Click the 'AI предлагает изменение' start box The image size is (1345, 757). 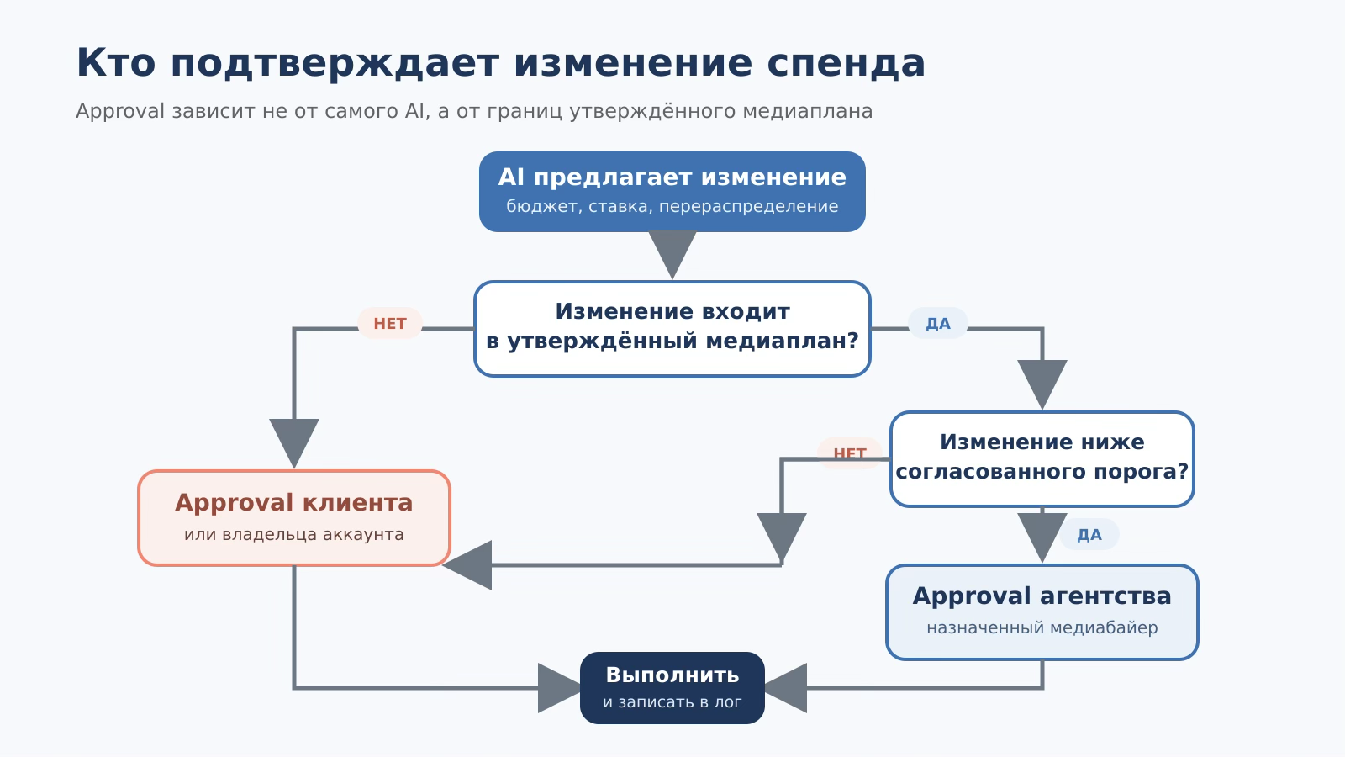coord(672,192)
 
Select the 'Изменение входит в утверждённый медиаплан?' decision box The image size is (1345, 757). coord(672,329)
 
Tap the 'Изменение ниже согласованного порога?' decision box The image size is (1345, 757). coord(1042,459)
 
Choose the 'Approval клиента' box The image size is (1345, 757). coord(294,518)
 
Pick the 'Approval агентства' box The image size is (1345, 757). coord(1042,612)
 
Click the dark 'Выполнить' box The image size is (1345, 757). coord(672,688)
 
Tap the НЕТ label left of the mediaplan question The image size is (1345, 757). coord(390,323)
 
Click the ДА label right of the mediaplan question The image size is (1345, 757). coord(938,323)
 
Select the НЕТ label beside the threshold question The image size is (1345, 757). coord(850,453)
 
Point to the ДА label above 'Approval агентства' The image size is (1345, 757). coord(1089,535)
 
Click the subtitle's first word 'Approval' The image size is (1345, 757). coord(120,111)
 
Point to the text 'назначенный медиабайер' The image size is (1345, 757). coord(1042,627)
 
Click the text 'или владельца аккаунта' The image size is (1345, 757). coord(294,534)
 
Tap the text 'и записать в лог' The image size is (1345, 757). coord(672,701)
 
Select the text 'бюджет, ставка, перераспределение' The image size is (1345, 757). coord(672,206)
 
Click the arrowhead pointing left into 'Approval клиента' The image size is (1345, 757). coord(467,565)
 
